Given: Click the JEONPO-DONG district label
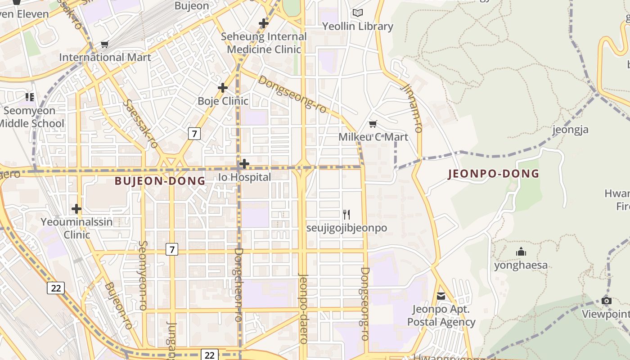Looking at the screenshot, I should coord(494,174).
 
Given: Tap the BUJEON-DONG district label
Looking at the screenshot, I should coord(160,181).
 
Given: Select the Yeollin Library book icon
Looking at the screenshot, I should coord(358,13).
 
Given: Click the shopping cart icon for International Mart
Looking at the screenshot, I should coord(105,44).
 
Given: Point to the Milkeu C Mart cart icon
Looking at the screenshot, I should coord(373,124).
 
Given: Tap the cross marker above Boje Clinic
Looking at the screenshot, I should coord(222,88).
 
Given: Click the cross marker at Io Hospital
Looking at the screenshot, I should coord(244,164).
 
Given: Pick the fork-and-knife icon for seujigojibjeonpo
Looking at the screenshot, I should coord(346,215).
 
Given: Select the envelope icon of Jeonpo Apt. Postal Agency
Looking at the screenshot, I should coord(441,296).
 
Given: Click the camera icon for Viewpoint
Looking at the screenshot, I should coord(607,301).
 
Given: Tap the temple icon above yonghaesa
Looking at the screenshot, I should coord(521,252).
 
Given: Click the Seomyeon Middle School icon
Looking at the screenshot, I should coord(30,97).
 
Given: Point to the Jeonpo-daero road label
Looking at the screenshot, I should coord(303,308).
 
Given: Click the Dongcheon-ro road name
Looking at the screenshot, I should coord(239,284).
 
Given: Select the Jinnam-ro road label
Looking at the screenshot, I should coord(413,108).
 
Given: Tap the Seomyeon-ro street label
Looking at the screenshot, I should coord(143,275).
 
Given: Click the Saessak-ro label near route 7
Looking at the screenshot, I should coord(141,124).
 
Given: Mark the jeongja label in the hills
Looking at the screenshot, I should coord(571,130).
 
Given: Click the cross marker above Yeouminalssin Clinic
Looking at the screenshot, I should coord(76,209).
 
